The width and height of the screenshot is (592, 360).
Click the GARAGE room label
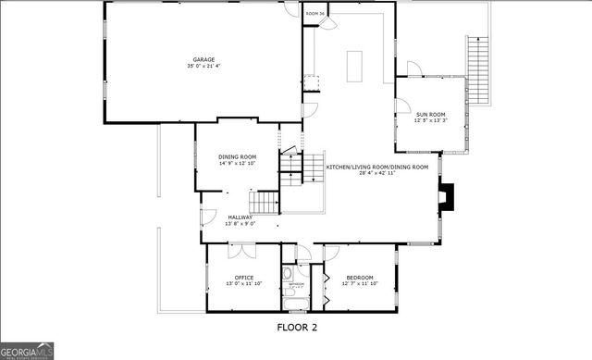(x=203, y=59)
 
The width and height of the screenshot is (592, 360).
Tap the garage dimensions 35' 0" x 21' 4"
(x=203, y=67)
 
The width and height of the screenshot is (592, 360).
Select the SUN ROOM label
(x=430, y=114)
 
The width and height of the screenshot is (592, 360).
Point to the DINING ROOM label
(x=237, y=156)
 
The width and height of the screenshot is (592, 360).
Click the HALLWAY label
(x=240, y=217)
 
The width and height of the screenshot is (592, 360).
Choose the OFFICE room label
(x=244, y=277)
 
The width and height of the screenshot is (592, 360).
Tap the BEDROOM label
(x=360, y=277)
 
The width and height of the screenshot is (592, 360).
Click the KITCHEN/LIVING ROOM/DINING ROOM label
(x=377, y=166)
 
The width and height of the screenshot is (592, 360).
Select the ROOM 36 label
(x=315, y=14)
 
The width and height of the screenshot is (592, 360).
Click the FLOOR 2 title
(x=297, y=327)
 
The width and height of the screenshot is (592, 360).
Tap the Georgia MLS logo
(x=28, y=350)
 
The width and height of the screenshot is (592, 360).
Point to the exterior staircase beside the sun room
(x=479, y=73)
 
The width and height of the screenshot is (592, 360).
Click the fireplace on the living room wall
(x=448, y=195)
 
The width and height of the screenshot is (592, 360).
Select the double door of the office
(x=242, y=250)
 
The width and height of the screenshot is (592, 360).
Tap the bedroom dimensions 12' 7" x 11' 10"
(x=360, y=283)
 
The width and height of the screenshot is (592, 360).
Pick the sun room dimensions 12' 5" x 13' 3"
(x=430, y=120)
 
